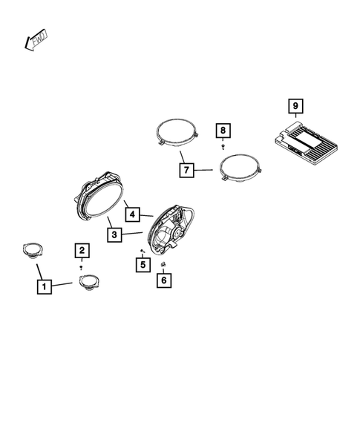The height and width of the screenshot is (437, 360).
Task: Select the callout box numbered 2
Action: pyautogui.click(x=82, y=250)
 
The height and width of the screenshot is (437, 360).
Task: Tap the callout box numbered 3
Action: pyautogui.click(x=114, y=235)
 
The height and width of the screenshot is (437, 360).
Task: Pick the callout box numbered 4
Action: pyautogui.click(x=131, y=214)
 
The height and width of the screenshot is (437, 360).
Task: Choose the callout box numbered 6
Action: pyautogui.click(x=163, y=280)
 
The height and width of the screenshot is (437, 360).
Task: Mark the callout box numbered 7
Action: pyautogui.click(x=186, y=170)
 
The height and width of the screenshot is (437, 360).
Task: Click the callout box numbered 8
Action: pyautogui.click(x=223, y=131)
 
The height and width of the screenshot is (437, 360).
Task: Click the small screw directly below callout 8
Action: pyautogui.click(x=223, y=148)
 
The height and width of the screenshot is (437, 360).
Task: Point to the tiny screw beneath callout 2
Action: pyautogui.click(x=82, y=266)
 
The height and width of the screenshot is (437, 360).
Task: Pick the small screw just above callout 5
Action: pyautogui.click(x=141, y=252)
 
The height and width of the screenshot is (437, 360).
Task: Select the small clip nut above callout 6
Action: pyautogui.click(x=162, y=265)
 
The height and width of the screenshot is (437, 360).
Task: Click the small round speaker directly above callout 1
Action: pyautogui.click(x=32, y=250)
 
